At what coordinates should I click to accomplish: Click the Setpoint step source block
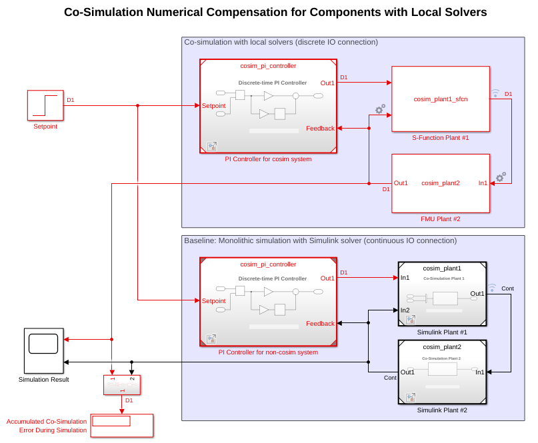(x=45, y=105)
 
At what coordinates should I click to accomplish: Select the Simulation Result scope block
(x=44, y=350)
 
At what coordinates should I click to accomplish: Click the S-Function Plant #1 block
(x=440, y=99)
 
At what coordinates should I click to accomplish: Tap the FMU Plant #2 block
(x=440, y=183)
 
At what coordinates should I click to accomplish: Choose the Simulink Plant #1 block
(x=442, y=293)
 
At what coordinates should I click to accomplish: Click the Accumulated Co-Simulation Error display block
(x=121, y=425)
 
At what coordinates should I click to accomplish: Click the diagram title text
(x=275, y=12)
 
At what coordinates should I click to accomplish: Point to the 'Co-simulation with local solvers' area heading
(x=281, y=42)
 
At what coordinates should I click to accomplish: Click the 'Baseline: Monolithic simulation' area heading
(x=320, y=240)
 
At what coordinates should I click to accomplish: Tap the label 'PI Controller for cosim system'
(x=268, y=159)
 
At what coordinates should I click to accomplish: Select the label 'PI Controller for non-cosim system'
(x=268, y=352)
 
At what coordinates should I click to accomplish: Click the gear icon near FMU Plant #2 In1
(x=500, y=177)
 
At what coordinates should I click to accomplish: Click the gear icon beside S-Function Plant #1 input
(x=380, y=109)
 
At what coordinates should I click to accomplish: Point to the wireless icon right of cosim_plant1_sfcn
(x=495, y=93)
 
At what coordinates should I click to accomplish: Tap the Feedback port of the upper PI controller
(x=320, y=129)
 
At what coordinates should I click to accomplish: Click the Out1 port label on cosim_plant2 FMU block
(x=401, y=183)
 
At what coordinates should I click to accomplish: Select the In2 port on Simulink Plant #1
(x=405, y=310)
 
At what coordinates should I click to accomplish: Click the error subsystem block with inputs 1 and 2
(x=122, y=384)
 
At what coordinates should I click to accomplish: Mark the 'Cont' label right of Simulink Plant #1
(x=507, y=288)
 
